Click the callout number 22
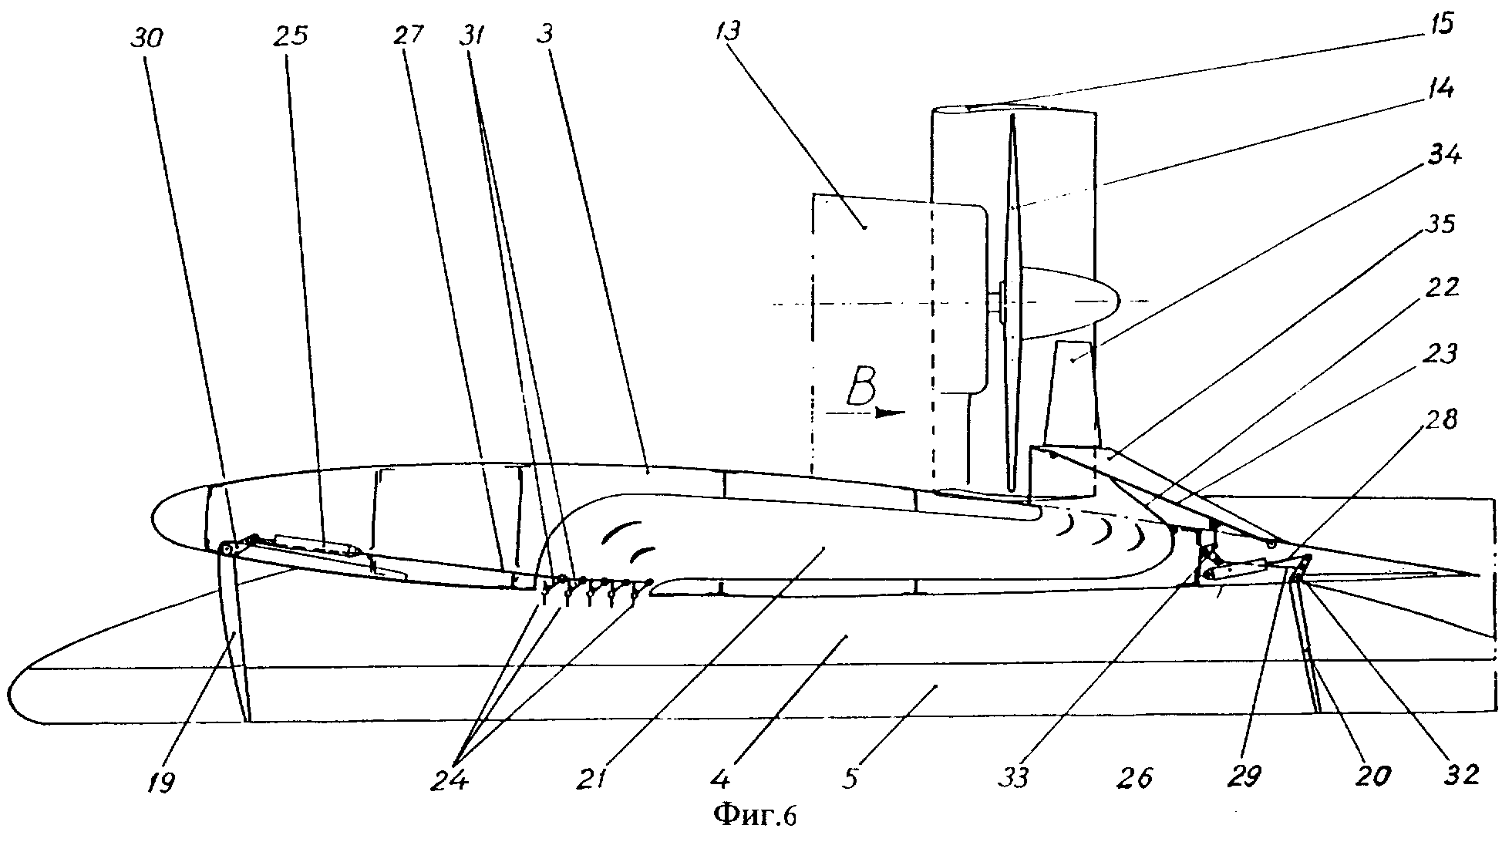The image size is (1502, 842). pos(1439,288)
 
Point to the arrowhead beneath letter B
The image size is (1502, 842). pos(891,413)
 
